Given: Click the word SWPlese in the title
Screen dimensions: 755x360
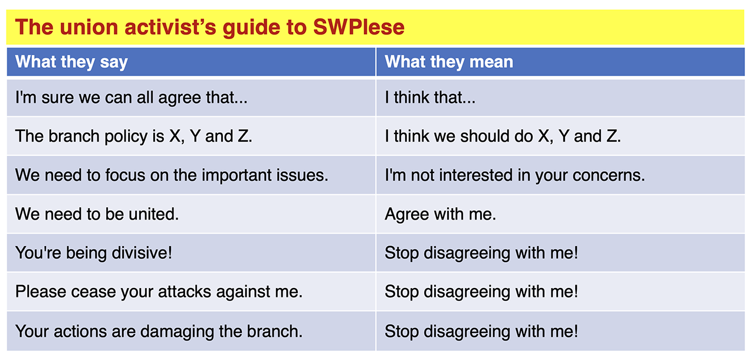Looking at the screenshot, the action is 359,27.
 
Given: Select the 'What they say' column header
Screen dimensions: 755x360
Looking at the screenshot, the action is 71,62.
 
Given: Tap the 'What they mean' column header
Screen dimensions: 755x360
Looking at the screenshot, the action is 449,62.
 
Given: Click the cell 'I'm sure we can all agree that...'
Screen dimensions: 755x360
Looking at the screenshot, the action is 132,98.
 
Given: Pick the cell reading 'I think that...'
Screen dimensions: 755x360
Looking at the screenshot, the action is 430,98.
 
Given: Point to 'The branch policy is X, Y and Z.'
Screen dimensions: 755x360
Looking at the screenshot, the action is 134,136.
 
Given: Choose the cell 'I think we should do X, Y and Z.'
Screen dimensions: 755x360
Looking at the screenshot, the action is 503,136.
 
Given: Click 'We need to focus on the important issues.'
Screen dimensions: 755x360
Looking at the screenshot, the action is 172,175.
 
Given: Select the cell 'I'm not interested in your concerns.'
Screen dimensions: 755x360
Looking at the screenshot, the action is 515,175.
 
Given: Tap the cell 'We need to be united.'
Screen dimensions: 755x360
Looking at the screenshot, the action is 97,214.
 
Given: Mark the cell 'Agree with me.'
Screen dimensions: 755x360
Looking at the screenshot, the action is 441,214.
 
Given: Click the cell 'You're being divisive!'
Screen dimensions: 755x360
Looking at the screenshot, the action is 94,253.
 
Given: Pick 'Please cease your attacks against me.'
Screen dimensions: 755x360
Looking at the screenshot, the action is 159,292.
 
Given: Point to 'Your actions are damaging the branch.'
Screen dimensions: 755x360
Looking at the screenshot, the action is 159,331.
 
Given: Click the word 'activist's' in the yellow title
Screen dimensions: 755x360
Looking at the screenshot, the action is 170,27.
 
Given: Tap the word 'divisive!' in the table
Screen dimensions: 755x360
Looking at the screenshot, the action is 142,253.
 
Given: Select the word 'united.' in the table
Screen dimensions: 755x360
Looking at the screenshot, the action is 154,214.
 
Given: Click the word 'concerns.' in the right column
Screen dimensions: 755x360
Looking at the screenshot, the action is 609,175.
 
